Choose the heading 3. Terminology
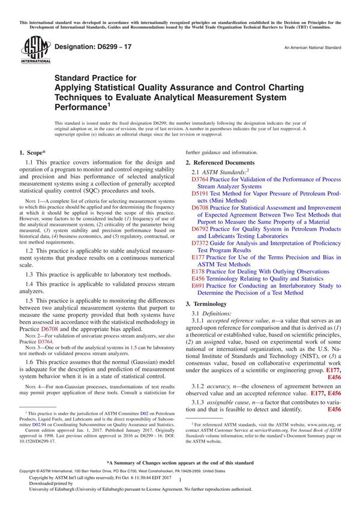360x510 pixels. [x=208, y=304]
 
